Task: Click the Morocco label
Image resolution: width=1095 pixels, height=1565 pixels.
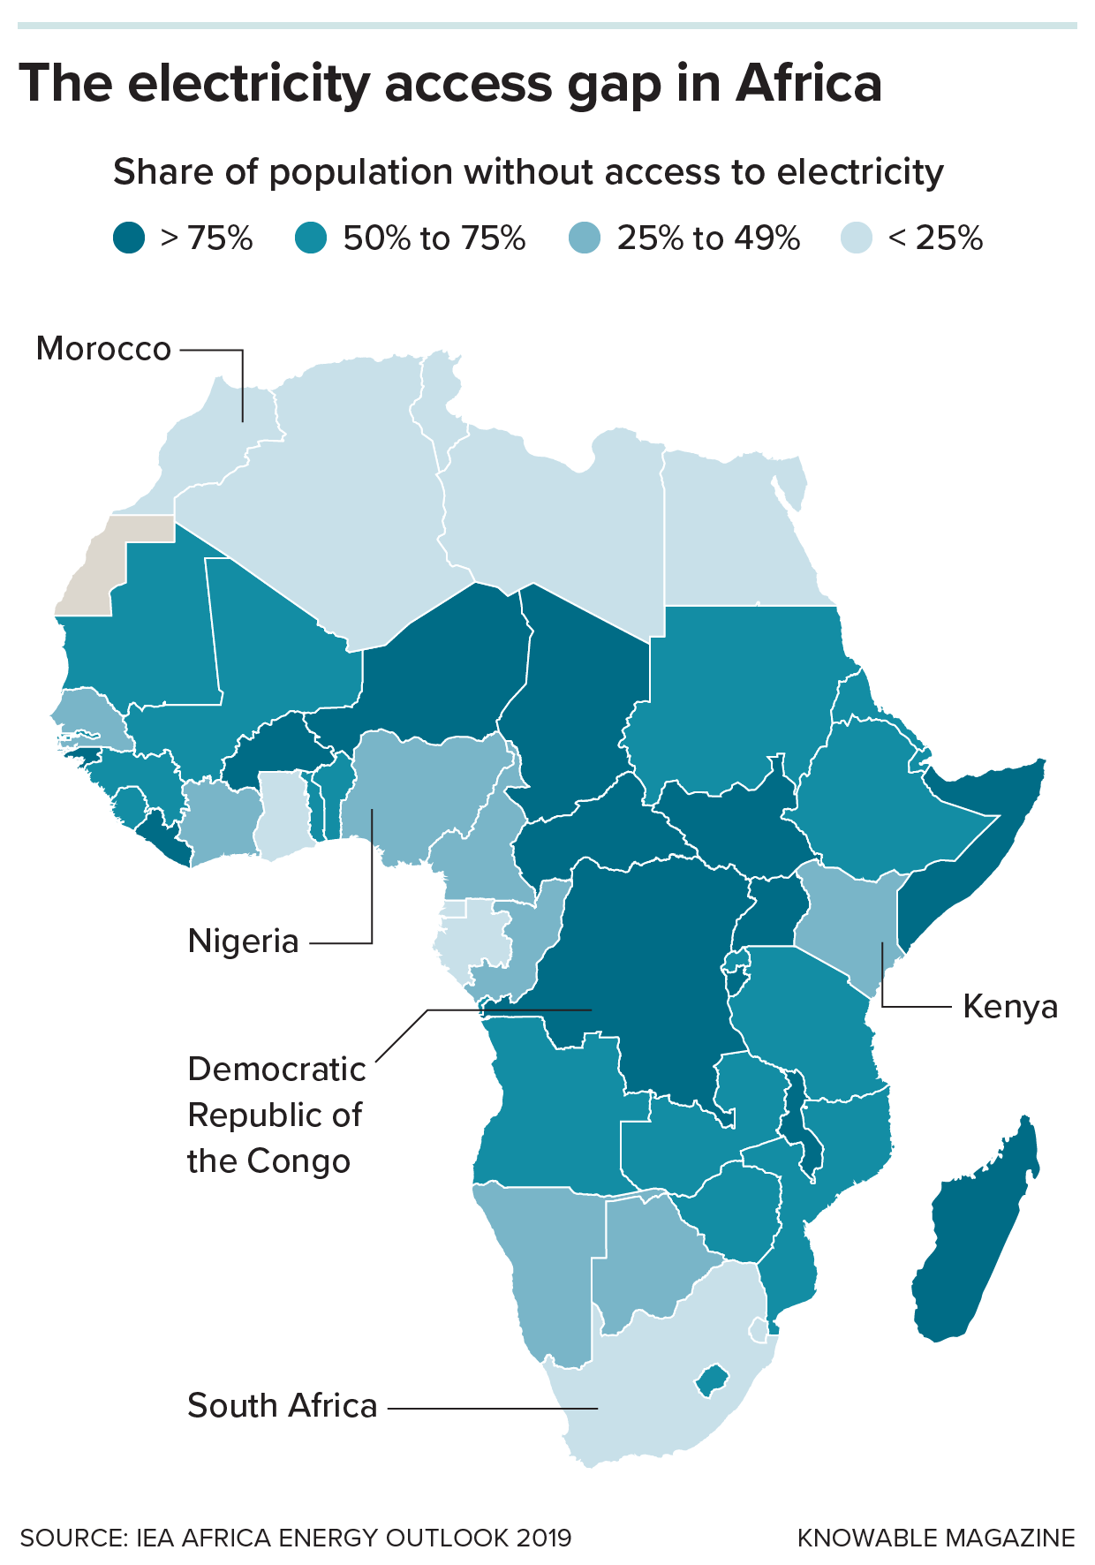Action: pos(103,349)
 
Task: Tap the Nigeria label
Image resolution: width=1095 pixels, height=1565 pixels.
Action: pos(243,941)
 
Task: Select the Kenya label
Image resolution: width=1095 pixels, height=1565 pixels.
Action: pos(1009,1007)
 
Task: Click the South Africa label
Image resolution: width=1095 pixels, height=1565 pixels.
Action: pos(282,1406)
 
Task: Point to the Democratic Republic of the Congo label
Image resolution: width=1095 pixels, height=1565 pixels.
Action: pos(276,1115)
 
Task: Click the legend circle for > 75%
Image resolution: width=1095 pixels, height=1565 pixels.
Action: pos(130,238)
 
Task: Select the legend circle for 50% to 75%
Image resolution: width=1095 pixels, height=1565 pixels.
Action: pos(311,238)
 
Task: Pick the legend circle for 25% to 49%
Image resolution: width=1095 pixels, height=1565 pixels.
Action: pos(585,238)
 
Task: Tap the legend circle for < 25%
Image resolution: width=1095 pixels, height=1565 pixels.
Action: pos(856,238)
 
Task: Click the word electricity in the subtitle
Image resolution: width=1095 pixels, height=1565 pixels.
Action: pos(860,172)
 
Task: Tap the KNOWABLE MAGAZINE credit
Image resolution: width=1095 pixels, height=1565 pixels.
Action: pos(935,1538)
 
